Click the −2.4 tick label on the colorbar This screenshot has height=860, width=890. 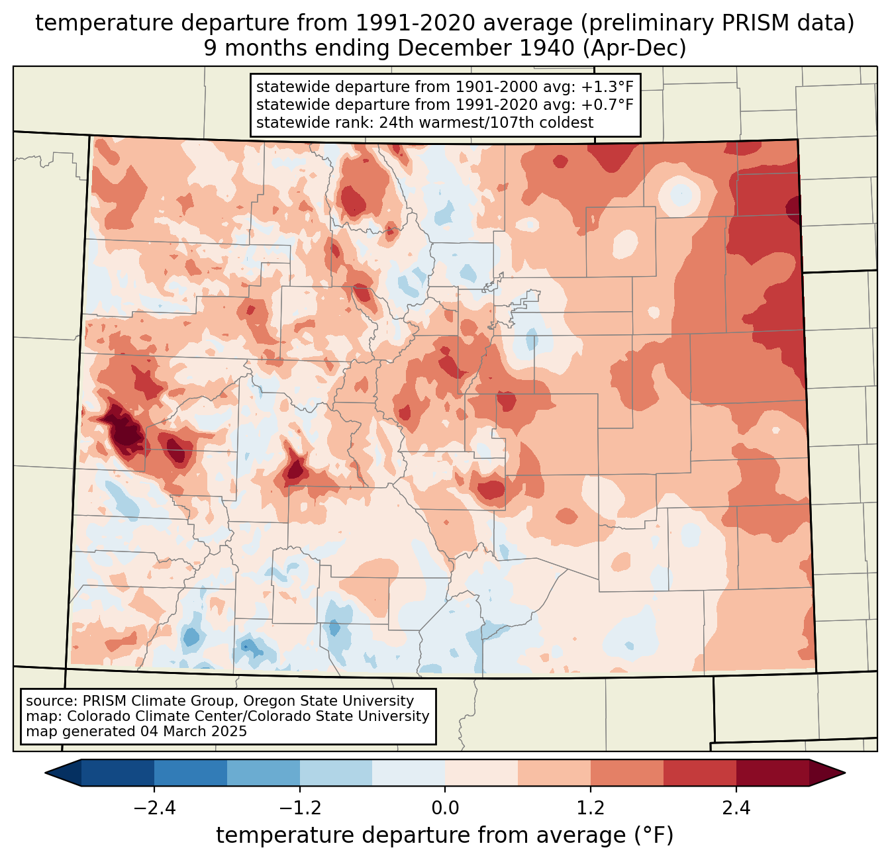[154, 808]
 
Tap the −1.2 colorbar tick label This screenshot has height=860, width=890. [300, 808]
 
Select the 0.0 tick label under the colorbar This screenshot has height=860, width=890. [445, 808]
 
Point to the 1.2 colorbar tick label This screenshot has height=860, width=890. [590, 808]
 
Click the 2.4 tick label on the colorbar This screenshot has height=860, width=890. [736, 808]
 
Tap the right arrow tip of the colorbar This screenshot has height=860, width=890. [843, 773]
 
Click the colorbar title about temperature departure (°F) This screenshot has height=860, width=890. [445, 836]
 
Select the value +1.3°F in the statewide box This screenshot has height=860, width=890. [607, 87]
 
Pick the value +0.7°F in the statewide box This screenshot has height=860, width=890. [607, 105]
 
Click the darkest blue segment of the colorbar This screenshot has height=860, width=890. [118, 773]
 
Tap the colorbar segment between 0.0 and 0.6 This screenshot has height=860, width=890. [481, 773]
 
